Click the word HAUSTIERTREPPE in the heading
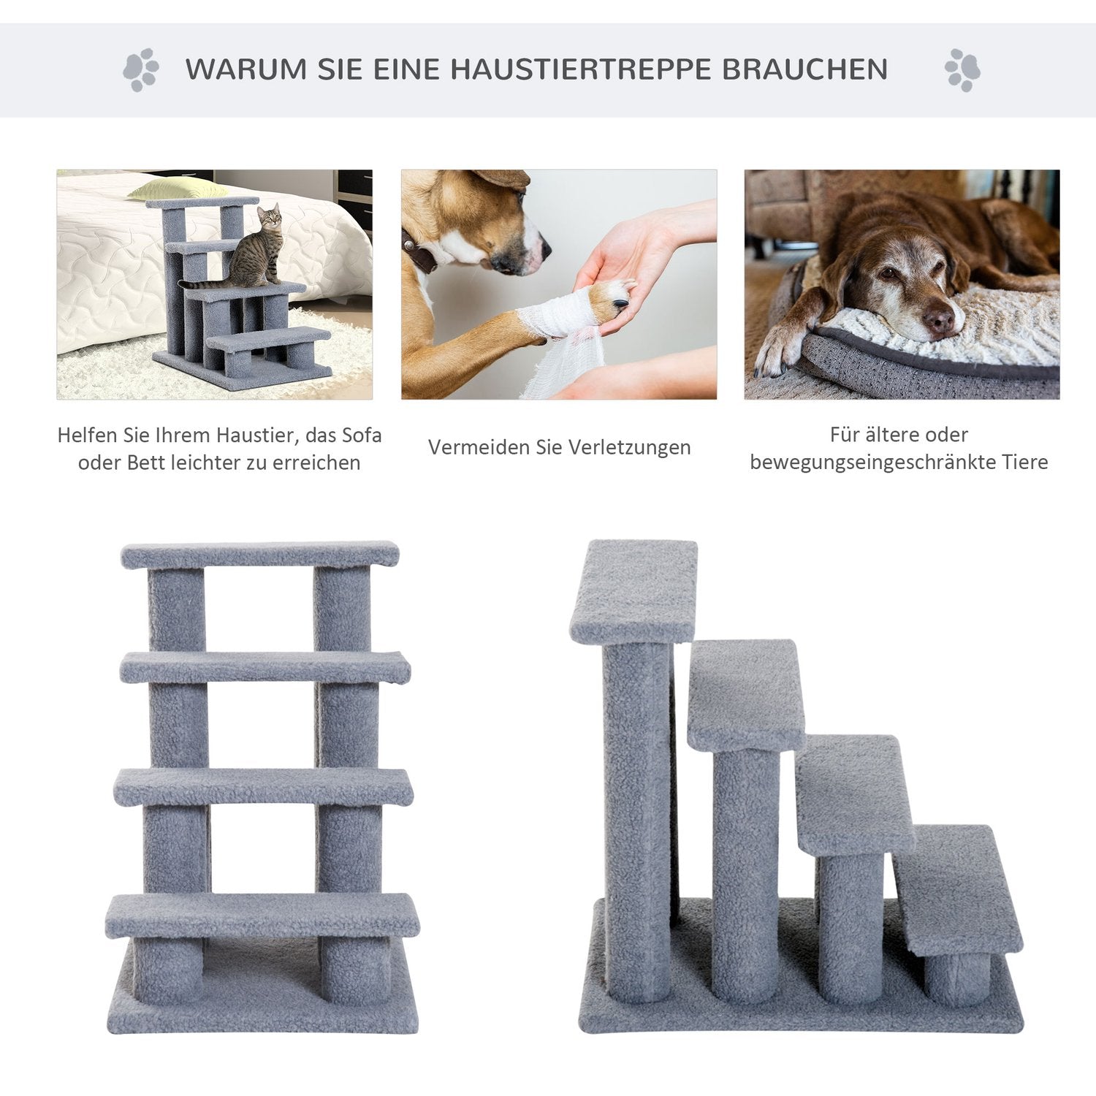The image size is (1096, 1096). point(581,69)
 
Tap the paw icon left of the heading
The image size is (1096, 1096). point(140,70)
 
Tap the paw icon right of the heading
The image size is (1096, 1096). point(962,70)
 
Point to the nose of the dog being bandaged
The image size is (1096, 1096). point(542,249)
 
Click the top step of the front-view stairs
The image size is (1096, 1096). point(260,555)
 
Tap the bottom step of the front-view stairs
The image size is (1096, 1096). point(262,916)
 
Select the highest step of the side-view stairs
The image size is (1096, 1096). point(633,592)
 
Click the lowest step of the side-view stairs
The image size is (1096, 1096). point(957,890)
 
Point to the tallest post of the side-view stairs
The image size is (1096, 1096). point(637,822)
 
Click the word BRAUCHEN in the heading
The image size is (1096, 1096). point(805,69)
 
